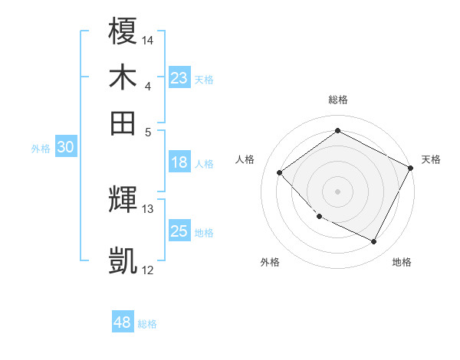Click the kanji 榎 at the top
click(123, 33)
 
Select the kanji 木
click(123, 78)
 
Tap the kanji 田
click(123, 123)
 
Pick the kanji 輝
click(123, 200)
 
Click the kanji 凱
click(123, 261)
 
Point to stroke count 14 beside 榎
click(148, 39)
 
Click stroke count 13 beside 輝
click(148, 208)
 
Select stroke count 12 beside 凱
click(148, 270)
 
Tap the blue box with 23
click(179, 78)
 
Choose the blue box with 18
click(179, 162)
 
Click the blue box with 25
click(179, 231)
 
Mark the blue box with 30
click(65, 148)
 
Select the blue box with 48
click(123, 322)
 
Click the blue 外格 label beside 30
click(41, 149)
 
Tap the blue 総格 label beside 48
click(147, 324)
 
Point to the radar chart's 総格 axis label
click(337, 100)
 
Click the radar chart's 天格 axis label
click(431, 159)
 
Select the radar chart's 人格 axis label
click(245, 159)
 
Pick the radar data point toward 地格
click(374, 242)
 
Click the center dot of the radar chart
click(337, 191)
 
